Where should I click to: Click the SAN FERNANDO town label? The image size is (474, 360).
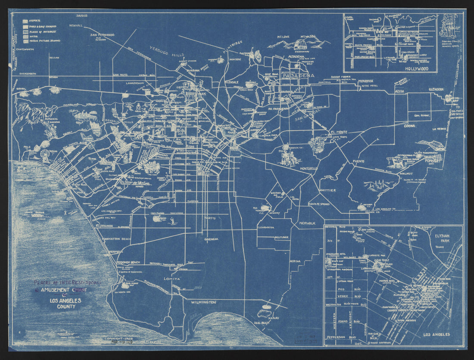102,34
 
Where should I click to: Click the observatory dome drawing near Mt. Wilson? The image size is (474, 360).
299,45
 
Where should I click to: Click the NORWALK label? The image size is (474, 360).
308,223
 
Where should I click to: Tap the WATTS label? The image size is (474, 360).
210,218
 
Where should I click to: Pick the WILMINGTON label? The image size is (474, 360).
203,302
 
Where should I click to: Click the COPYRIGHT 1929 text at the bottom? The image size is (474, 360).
118,339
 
